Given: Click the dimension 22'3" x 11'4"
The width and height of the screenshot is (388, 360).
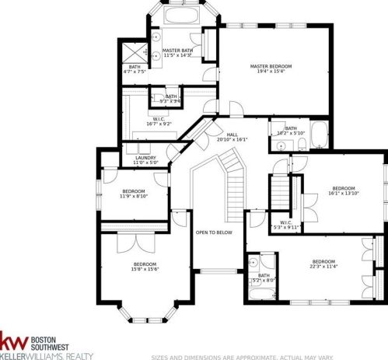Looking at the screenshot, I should click(323, 267).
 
